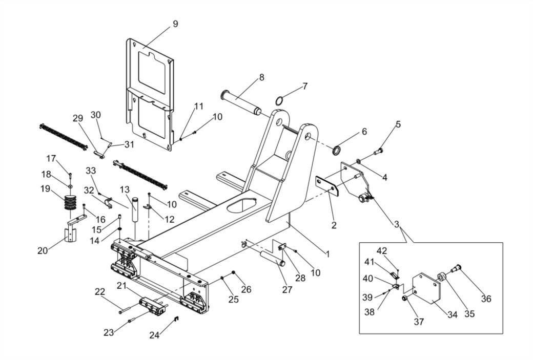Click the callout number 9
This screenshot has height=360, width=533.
click(175, 24)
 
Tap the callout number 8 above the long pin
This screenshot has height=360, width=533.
click(261, 77)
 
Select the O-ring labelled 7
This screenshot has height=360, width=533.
click(279, 101)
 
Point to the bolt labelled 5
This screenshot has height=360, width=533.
click(378, 151)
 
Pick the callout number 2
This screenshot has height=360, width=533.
click(334, 225)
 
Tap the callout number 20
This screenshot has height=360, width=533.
click(43, 250)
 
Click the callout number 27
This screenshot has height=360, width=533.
click(287, 290)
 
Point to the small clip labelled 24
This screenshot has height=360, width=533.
click(176, 319)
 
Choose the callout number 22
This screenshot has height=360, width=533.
click(100, 292)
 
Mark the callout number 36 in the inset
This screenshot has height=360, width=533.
click(486, 299)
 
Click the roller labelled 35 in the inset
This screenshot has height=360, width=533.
click(442, 277)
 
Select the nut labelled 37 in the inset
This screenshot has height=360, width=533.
click(405, 298)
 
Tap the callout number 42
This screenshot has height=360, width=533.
click(382, 250)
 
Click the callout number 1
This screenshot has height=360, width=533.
click(327, 254)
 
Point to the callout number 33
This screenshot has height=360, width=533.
click(91, 171)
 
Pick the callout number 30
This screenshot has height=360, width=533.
click(96, 115)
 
